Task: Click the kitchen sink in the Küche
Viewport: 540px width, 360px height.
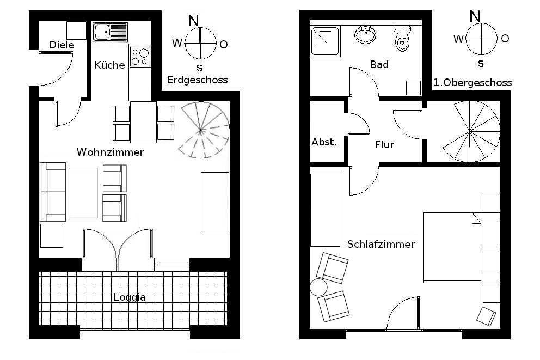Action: pyautogui.click(x=110, y=32)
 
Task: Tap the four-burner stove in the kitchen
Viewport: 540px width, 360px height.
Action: pyautogui.click(x=140, y=57)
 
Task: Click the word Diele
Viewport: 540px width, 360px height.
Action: pyautogui.click(x=62, y=45)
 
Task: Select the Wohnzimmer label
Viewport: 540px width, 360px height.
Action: pyautogui.click(x=110, y=152)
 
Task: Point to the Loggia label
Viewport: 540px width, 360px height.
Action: pyautogui.click(x=130, y=297)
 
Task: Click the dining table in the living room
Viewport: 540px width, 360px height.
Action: pyautogui.click(x=143, y=122)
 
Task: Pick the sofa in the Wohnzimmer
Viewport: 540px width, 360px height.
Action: pyautogui.click(x=53, y=192)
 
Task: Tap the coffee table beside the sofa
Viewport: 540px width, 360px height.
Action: pyautogui.click(x=83, y=193)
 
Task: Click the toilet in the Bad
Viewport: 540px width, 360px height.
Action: pyautogui.click(x=402, y=38)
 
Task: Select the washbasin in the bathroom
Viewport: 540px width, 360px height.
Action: pyautogui.click(x=365, y=35)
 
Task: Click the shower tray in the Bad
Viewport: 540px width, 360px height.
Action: pyautogui.click(x=326, y=42)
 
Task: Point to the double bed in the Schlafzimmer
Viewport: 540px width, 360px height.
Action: pyautogui.click(x=452, y=247)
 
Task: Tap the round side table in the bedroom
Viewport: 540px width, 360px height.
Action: pyautogui.click(x=318, y=288)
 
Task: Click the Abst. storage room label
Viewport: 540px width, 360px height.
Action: pyautogui.click(x=324, y=142)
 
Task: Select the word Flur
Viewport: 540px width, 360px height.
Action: pyautogui.click(x=384, y=145)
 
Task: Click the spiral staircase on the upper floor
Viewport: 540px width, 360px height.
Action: pyautogui.click(x=471, y=131)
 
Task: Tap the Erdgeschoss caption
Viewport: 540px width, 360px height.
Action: pyautogui.click(x=198, y=80)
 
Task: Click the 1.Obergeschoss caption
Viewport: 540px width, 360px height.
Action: pyautogui.click(x=472, y=83)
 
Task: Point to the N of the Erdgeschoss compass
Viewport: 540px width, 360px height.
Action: pyautogui.click(x=194, y=21)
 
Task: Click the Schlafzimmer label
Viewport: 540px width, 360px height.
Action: pyautogui.click(x=381, y=244)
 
